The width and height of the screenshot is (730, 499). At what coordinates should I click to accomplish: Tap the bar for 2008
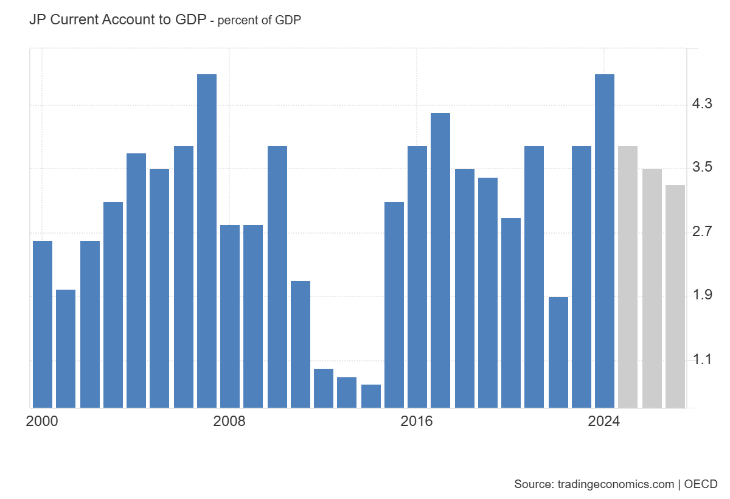pyautogui.click(x=230, y=316)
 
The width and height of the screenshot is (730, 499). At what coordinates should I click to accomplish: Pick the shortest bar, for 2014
pyautogui.click(x=371, y=396)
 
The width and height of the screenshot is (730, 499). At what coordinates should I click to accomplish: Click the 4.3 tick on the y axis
pyautogui.click(x=702, y=104)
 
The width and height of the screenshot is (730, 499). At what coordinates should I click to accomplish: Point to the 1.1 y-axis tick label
pyautogui.click(x=702, y=360)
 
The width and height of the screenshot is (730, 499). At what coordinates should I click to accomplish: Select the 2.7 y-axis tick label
pyautogui.click(x=702, y=232)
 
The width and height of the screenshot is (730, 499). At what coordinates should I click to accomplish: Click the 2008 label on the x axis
pyautogui.click(x=229, y=422)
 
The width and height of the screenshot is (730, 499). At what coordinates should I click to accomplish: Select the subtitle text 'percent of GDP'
pyautogui.click(x=260, y=20)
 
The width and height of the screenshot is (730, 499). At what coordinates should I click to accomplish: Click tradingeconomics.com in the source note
pyautogui.click(x=615, y=484)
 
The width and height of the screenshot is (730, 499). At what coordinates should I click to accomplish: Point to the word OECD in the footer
pyautogui.click(x=701, y=484)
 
